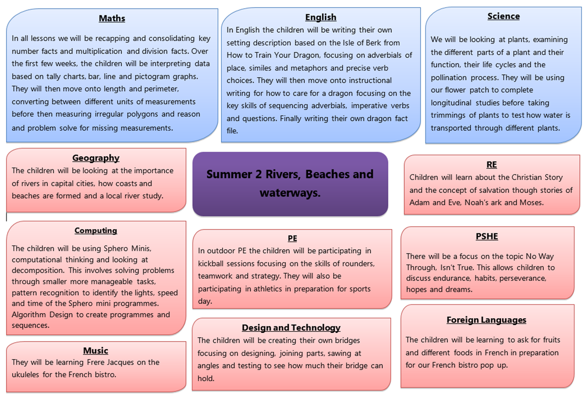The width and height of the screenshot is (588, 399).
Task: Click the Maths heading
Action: (x=112, y=19)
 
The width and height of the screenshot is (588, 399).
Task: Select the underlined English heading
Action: (x=321, y=17)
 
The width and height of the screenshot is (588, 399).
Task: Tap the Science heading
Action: (x=503, y=16)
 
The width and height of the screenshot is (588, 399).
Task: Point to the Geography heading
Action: (x=96, y=158)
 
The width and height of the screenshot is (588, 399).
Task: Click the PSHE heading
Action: (x=487, y=237)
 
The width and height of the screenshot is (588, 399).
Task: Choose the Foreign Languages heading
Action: (x=486, y=320)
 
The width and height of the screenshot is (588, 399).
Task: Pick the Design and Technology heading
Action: (x=291, y=328)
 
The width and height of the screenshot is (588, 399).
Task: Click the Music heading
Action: (x=96, y=351)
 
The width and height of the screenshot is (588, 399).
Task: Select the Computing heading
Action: (x=96, y=231)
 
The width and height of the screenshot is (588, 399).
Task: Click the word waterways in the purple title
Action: (x=290, y=193)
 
